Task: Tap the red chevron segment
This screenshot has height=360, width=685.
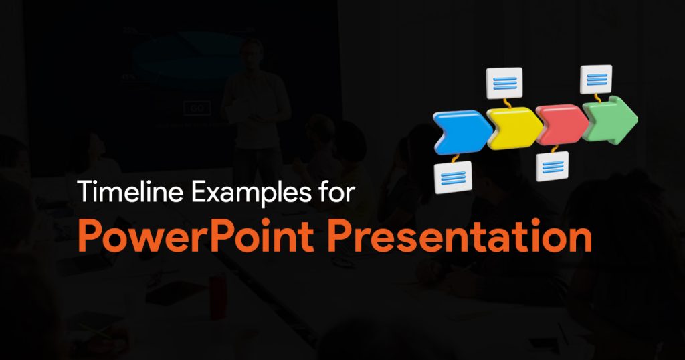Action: pyautogui.click(x=562, y=124)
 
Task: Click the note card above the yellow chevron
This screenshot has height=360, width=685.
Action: pyautogui.click(x=504, y=83)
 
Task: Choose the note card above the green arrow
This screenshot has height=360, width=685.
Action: pyautogui.click(x=596, y=79)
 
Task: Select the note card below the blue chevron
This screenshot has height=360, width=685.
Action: pyautogui.click(x=453, y=177)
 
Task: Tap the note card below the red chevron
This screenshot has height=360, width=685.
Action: pyautogui.click(x=553, y=167)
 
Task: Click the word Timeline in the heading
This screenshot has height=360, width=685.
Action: pyautogui.click(x=130, y=192)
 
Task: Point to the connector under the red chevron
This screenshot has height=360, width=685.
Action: pyautogui.click(x=555, y=149)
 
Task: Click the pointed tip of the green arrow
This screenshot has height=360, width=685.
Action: pyautogui.click(x=638, y=118)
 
